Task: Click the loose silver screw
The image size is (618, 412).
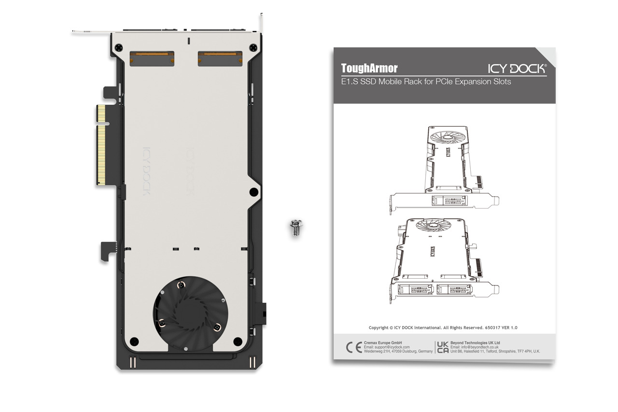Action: (296, 227)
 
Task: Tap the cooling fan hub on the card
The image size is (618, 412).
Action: (190, 313)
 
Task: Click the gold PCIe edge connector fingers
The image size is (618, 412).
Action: (101, 144)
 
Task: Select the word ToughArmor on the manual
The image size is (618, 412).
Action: (369, 68)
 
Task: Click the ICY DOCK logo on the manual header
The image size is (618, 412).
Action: (517, 69)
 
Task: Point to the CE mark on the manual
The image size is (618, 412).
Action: (354, 347)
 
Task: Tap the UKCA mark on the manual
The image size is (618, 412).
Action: (443, 347)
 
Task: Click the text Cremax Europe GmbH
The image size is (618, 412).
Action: (383, 343)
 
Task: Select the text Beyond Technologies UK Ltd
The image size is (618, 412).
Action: (475, 343)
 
